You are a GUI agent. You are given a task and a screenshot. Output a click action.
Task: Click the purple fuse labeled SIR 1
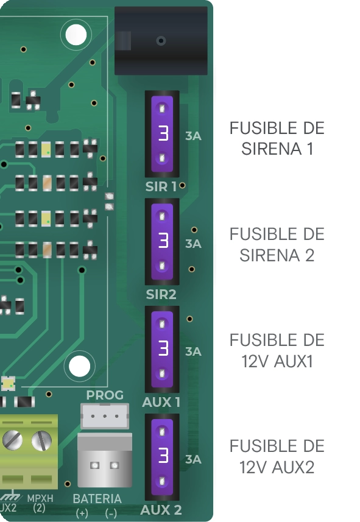coord(162,133)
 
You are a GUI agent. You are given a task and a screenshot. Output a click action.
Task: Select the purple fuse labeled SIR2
coord(162,241)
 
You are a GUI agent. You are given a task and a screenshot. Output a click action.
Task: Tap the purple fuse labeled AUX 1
coord(162,349)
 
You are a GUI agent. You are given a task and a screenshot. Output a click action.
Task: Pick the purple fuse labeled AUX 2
coord(162,457)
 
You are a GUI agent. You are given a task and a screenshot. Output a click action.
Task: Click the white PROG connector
coord(105,416)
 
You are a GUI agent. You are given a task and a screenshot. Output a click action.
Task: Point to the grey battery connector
coord(105,460)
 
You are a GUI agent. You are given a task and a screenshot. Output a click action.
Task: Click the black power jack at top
coord(161,41)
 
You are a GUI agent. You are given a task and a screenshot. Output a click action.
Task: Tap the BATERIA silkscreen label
coord(97,499)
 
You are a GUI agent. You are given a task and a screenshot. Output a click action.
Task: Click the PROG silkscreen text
coord(105,395)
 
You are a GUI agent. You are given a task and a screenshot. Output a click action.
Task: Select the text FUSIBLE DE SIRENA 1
coord(277,138)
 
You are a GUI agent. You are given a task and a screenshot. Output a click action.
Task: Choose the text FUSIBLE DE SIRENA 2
coord(277,245)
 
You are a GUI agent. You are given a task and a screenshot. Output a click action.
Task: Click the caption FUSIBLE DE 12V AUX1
coord(277,351)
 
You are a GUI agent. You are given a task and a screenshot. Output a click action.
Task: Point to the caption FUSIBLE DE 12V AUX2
coord(277,456)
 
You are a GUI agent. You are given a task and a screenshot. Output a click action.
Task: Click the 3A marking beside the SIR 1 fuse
coord(193,136)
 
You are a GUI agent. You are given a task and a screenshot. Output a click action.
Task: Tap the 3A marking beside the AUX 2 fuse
coord(193,459)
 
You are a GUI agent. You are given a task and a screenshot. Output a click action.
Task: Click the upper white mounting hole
coord(76,35)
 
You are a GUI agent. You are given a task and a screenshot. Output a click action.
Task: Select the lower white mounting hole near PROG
coord(79,366)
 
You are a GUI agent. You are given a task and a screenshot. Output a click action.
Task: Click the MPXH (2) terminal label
coord(40,503)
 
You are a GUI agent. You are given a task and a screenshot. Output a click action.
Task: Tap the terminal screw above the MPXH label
coord(41,440)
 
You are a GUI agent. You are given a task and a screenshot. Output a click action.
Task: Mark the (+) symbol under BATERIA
coord(82,513)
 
